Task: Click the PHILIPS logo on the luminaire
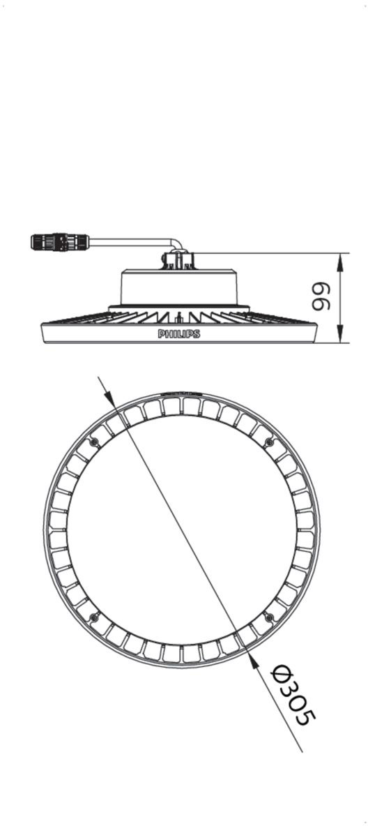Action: [179, 334]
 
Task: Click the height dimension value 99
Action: [321, 297]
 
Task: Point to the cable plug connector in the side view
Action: [60, 242]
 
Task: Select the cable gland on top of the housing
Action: [178, 260]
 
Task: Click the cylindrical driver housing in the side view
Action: [178, 287]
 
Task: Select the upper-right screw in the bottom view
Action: [270, 442]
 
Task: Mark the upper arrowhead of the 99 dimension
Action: [341, 262]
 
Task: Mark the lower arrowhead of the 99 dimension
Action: [341, 334]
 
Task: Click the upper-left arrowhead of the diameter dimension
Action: [109, 399]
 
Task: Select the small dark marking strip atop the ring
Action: [182, 393]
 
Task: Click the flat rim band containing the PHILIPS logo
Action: [179, 333]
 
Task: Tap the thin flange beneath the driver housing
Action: [178, 307]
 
